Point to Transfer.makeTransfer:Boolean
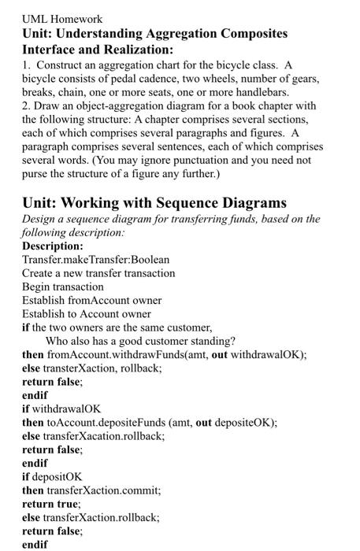pyautogui.click(x=95, y=260)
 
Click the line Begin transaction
pyautogui.click(x=63, y=287)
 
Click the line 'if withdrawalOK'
pyautogui.click(x=61, y=409)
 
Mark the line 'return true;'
pyautogui.click(x=51, y=503)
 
